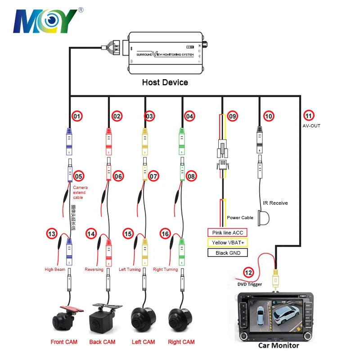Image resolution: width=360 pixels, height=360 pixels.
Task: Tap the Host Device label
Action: pos(165,82)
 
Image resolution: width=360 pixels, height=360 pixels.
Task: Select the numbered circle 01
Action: pos(77,116)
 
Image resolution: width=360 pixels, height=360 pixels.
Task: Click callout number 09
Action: pos(232,116)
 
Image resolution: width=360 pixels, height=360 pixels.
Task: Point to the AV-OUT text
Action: pos(311,126)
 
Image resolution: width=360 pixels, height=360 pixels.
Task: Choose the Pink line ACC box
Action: pos(228,233)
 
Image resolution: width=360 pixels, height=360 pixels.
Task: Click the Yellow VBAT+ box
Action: pos(228,243)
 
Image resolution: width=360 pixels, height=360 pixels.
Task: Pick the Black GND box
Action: pos(228,252)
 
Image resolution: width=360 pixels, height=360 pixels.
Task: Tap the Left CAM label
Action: pos(144,342)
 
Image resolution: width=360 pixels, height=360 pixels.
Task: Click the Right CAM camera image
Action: pos(180,319)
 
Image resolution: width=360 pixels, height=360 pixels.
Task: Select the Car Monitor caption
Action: pos(279,346)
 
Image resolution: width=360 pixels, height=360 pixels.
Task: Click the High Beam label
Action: pos(55,270)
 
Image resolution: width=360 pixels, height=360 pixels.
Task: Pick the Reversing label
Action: pos(94,270)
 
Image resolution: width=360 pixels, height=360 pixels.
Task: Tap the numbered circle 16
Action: pos(165,234)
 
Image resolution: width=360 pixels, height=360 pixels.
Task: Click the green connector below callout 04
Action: pos(181,137)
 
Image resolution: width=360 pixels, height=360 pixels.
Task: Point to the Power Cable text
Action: pos(240,217)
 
